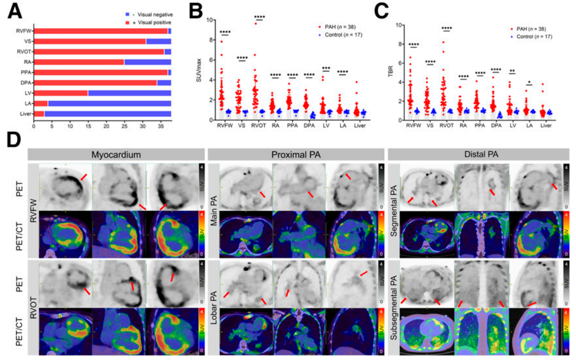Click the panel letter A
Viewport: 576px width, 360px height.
(14, 11)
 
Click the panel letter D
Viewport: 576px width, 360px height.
(14, 142)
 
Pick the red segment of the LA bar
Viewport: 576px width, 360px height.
(40, 103)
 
